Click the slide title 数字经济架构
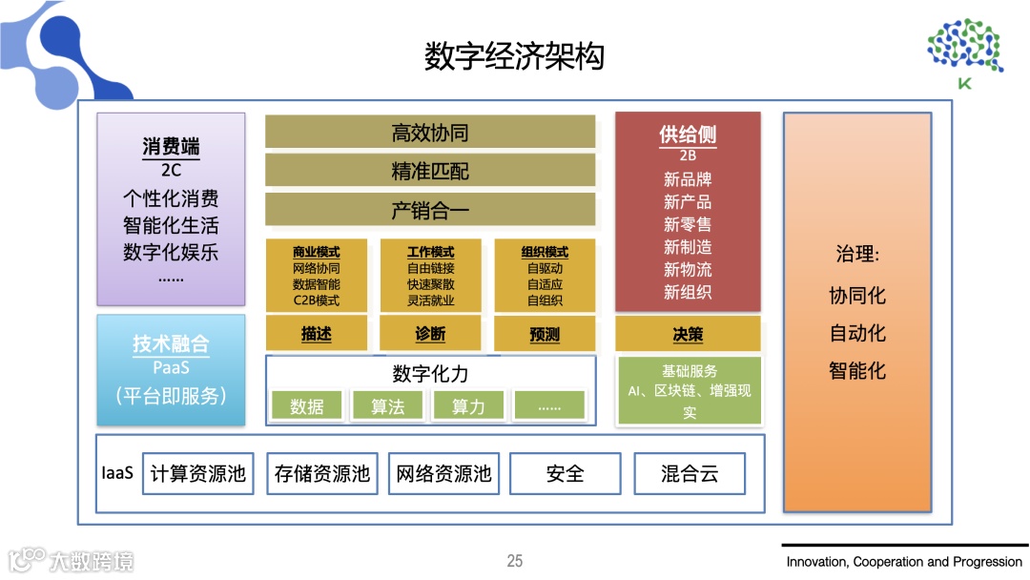[514, 56]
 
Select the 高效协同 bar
[430, 132]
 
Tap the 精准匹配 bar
[430, 171]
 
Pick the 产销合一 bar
[430, 210]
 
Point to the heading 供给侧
[688, 135]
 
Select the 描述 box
[316, 334]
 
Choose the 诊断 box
[430, 334]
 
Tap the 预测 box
[545, 334]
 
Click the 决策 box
[688, 334]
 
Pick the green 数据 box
[307, 406]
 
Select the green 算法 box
[388, 406]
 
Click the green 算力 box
[468, 406]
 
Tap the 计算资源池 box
[198, 473]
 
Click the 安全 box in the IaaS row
[566, 473]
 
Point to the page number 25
[515, 561]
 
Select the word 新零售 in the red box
[688, 224]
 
